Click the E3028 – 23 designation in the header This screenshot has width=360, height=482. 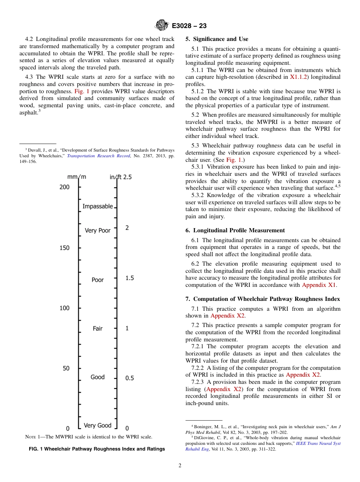(x=189, y=26)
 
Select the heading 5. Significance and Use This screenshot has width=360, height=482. (x=217, y=39)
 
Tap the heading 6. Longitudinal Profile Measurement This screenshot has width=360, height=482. (x=235, y=230)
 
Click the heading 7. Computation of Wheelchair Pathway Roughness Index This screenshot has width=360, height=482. (x=263, y=299)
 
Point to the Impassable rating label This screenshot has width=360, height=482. (x=98, y=206)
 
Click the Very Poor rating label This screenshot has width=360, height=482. (x=97, y=230)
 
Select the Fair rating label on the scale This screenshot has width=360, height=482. (x=97, y=329)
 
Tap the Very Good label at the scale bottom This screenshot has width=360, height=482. (x=97, y=425)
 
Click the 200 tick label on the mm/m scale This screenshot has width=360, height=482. (x=64, y=187)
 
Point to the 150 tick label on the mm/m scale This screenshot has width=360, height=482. (x=64, y=248)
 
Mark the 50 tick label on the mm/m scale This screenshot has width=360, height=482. (x=66, y=368)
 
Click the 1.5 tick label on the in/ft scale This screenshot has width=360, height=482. (x=130, y=278)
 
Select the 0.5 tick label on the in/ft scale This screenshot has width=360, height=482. (x=130, y=378)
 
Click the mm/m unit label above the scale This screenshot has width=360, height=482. (x=77, y=177)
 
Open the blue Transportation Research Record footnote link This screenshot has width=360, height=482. (x=99, y=156)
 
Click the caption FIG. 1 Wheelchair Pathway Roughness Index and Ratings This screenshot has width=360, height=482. (x=97, y=449)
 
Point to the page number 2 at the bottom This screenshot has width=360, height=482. (x=180, y=466)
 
